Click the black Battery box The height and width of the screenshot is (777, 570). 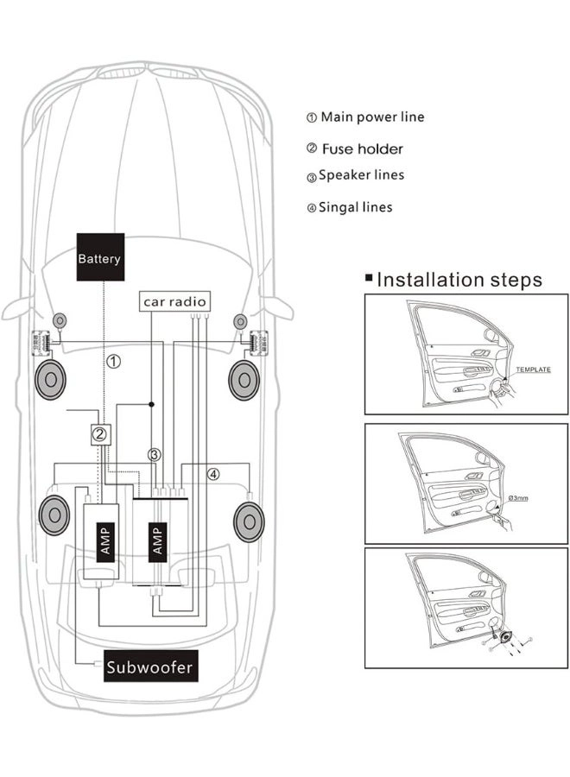100,257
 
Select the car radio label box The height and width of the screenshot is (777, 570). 175,301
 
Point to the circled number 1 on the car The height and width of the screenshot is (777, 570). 113,362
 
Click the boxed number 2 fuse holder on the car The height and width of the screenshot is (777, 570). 100,435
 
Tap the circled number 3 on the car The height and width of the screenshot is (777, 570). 155,454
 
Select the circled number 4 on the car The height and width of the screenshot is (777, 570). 213,473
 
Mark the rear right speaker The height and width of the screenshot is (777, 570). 249,521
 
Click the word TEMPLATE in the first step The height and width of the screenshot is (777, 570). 533,370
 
